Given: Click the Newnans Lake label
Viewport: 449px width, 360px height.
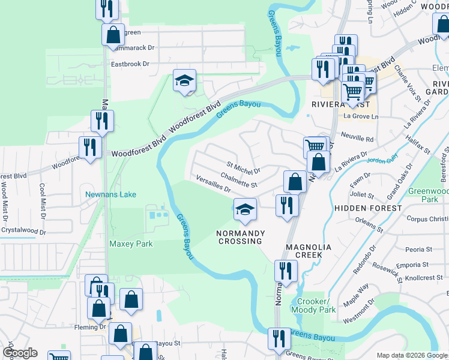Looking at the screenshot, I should click(x=110, y=194).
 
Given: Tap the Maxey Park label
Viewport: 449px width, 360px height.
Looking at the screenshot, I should click(x=131, y=244).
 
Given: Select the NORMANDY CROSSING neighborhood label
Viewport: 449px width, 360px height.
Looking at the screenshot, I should click(x=239, y=236).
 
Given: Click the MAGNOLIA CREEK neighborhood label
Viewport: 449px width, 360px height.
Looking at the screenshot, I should click(x=304, y=251).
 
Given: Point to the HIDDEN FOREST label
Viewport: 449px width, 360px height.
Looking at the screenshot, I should click(x=368, y=208).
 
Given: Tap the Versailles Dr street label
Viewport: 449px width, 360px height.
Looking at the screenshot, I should click(x=213, y=183).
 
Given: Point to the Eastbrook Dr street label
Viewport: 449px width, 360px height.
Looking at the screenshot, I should click(x=129, y=63).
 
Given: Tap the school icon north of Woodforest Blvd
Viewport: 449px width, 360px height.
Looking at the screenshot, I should click(x=184, y=80).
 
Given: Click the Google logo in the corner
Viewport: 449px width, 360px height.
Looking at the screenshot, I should click(x=19, y=353).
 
